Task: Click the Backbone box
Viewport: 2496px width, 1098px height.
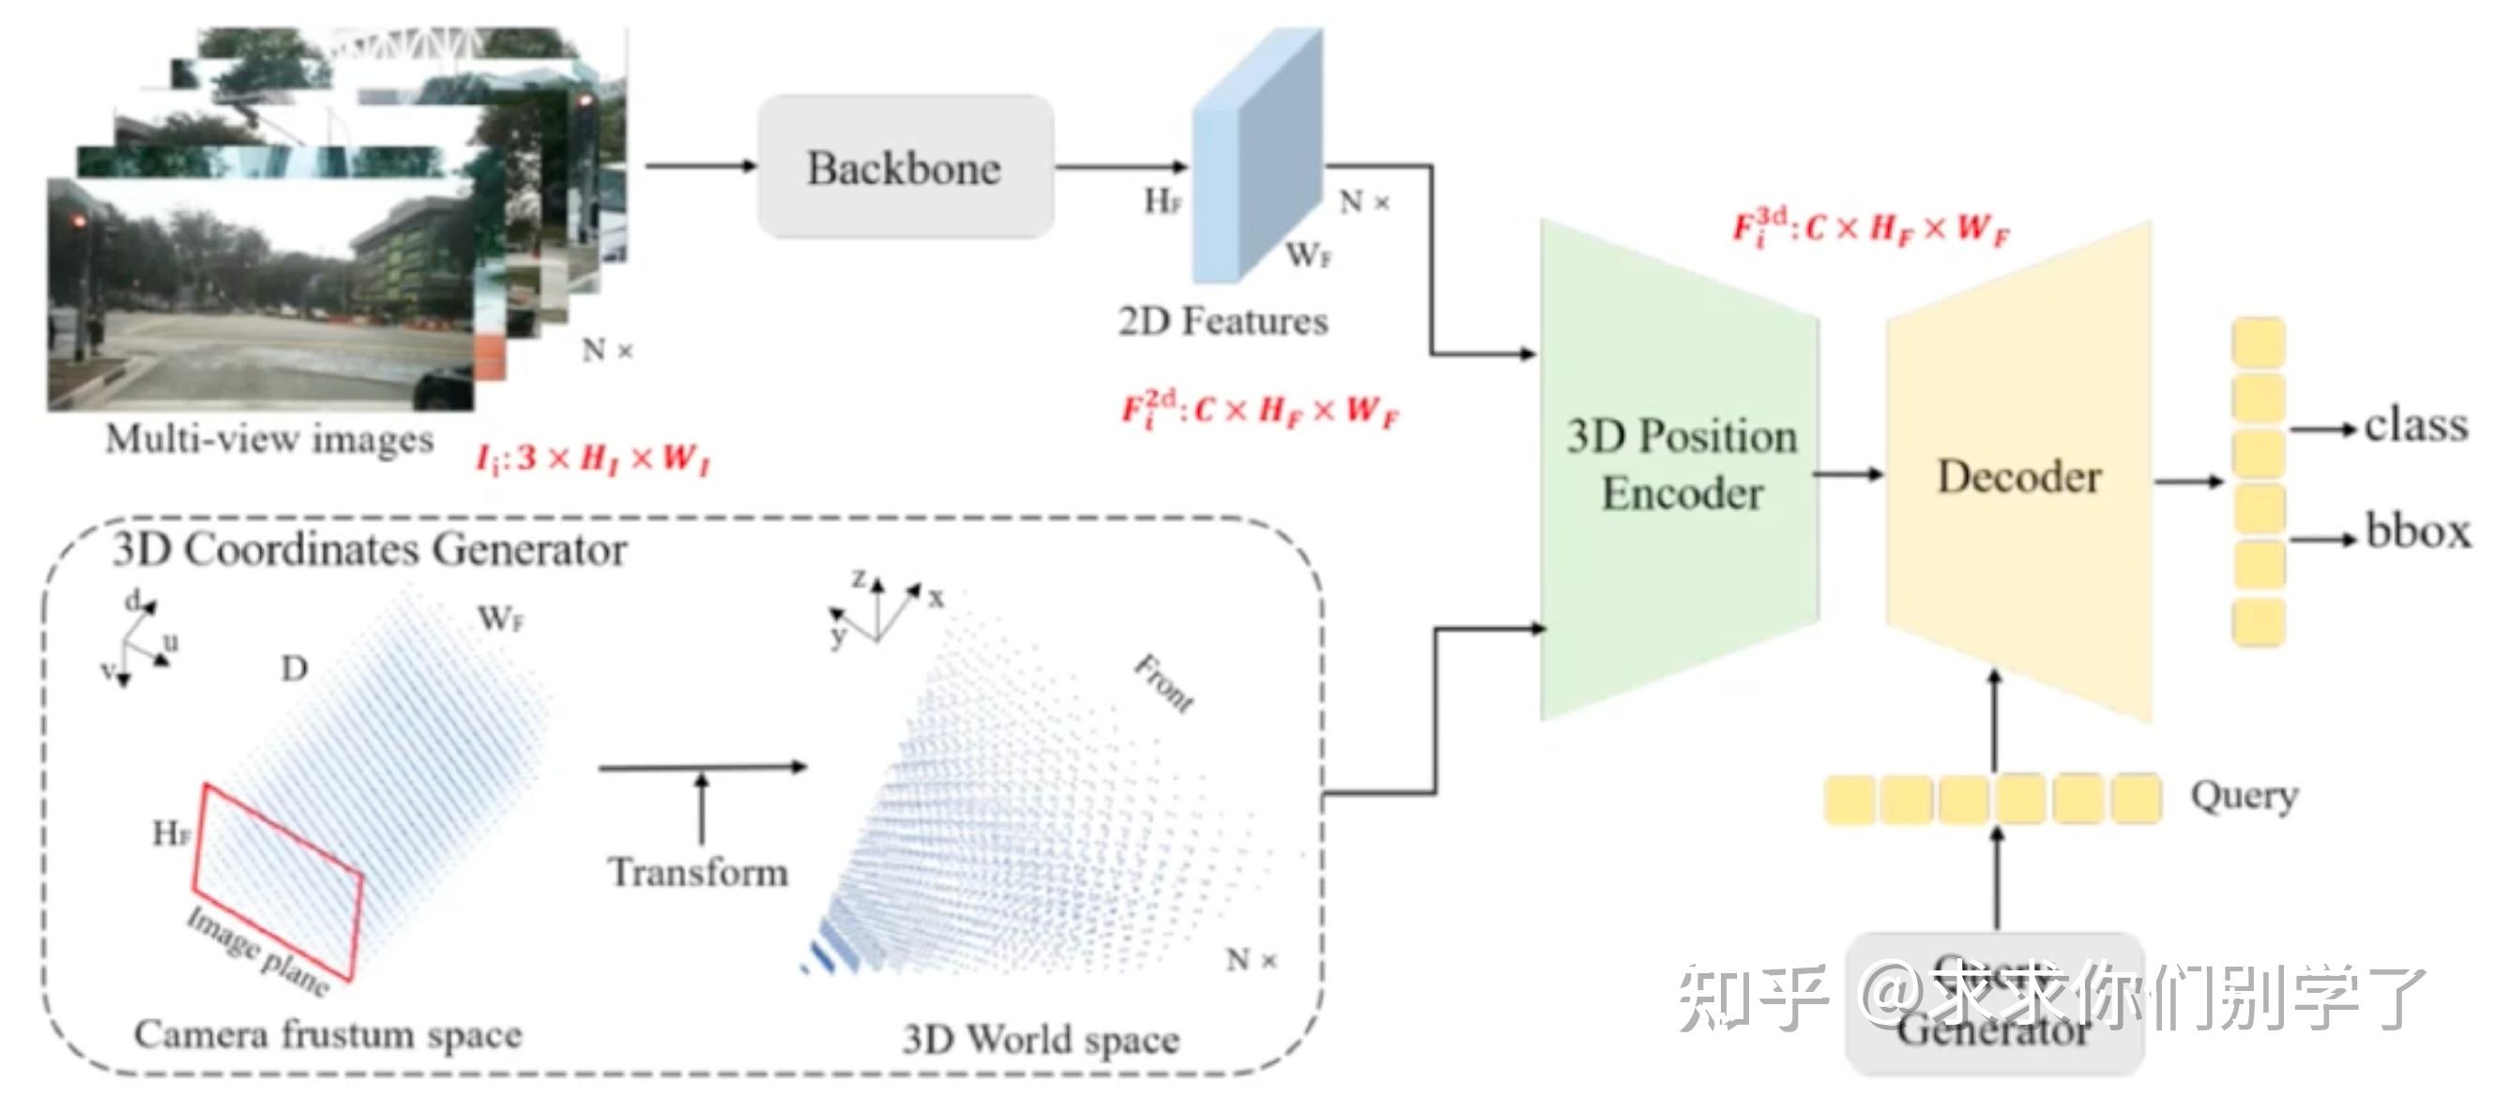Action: [x=904, y=167]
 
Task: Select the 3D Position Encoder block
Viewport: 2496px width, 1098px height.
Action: [x=1680, y=465]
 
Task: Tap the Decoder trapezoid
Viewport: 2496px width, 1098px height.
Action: [x=2018, y=476]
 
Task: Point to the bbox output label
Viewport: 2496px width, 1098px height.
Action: [x=2417, y=530]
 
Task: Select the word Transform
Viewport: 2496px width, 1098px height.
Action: [x=697, y=871]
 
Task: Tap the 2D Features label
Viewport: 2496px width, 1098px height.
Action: [x=1223, y=321]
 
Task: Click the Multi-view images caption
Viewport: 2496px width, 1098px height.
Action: [x=269, y=439]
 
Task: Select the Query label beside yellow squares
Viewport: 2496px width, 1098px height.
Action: [x=2243, y=796]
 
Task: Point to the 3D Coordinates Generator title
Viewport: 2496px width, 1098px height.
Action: [x=369, y=550]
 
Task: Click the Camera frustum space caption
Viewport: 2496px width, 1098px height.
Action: [x=327, y=1034]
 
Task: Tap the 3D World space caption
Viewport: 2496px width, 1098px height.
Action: [x=1041, y=1039]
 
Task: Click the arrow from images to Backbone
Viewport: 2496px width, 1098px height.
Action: [x=700, y=166]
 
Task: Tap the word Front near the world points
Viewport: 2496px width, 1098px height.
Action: [x=1164, y=683]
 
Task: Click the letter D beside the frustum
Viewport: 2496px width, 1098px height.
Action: [x=295, y=668]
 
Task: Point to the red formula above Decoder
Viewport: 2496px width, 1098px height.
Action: [x=1870, y=229]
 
